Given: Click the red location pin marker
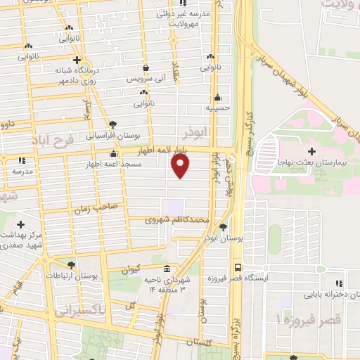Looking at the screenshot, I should (181, 166).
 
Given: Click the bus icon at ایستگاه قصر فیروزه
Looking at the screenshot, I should (238, 268).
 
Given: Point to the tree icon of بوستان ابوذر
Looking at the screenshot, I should (223, 226).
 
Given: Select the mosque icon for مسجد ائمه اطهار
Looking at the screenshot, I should (114, 154).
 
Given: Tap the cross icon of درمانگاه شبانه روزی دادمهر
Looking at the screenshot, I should (77, 60).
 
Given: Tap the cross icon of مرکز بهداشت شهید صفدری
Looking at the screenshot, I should (20, 224).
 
